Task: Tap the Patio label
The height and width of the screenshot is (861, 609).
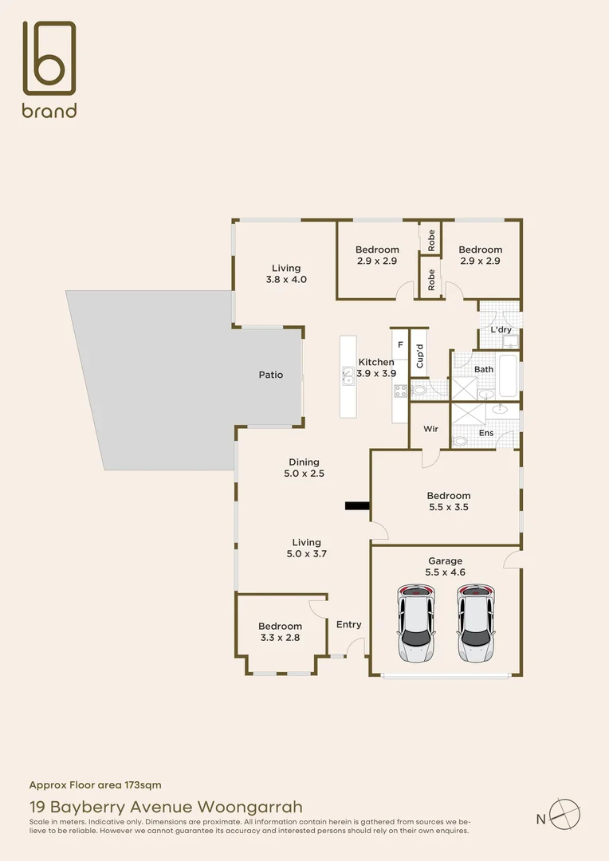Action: coord(270,375)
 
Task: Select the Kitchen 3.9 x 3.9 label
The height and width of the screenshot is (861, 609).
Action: coord(375,368)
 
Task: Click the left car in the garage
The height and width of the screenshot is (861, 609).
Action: coord(416,624)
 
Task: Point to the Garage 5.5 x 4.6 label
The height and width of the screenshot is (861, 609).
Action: coord(444,567)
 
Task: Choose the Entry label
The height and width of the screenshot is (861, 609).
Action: coord(348,624)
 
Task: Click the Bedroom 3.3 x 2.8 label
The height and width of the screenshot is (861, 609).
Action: coord(280,631)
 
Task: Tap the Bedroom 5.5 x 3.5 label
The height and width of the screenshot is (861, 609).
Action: coord(448,501)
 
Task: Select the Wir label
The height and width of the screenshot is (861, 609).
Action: coord(430,429)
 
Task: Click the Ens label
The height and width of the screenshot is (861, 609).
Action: coord(485,433)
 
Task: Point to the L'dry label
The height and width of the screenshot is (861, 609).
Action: coord(501,329)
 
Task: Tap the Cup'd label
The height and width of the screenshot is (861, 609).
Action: coord(419,352)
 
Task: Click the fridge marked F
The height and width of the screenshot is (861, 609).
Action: coord(399,345)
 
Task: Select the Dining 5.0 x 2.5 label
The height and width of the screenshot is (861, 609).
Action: coord(304,467)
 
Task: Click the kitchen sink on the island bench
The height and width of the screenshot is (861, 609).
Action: coord(348,375)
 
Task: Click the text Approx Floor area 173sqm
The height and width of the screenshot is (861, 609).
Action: coord(95,784)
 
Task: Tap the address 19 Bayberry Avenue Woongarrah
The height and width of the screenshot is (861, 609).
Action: coord(166,807)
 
